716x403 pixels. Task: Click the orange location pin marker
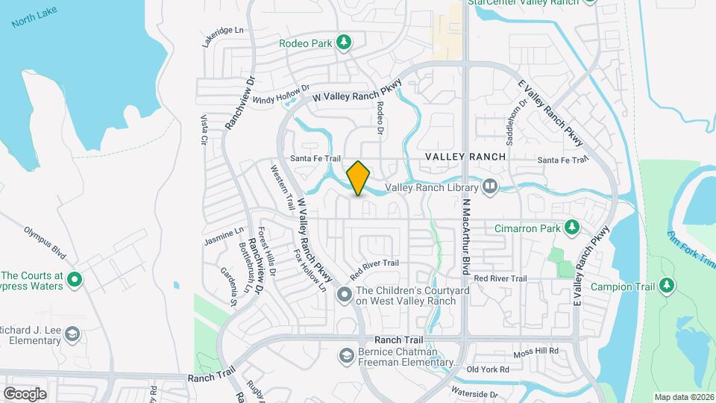pos(359,178)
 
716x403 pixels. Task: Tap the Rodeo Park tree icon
pos(344,43)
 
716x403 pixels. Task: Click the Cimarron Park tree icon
pos(571,226)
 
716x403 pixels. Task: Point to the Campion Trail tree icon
pos(667,286)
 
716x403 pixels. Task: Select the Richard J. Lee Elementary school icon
pos(72,333)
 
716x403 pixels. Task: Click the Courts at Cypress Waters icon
pos(74,280)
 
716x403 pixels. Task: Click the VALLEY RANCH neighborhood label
pos(465,157)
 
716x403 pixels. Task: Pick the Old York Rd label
pos(487,369)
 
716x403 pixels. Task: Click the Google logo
pos(25,393)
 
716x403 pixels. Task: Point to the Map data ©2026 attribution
pos(683,396)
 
